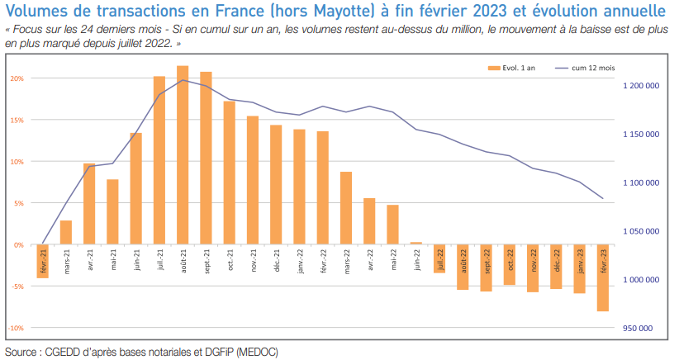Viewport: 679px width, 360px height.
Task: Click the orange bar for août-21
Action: pos(183,155)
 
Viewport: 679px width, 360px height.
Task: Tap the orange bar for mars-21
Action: pos(66,232)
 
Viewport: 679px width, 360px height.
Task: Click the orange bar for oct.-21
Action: pos(230,173)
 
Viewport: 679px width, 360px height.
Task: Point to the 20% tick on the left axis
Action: pos(17,78)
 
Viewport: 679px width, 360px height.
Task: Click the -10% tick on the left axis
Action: pos(16,328)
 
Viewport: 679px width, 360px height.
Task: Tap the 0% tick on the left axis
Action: pos(19,245)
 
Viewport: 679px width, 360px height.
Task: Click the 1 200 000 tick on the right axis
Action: pos(639,86)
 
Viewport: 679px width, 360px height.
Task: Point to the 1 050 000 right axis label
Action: pos(639,232)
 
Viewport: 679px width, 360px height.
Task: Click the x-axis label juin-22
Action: pos(416,260)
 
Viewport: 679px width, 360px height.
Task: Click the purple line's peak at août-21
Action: pos(183,80)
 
